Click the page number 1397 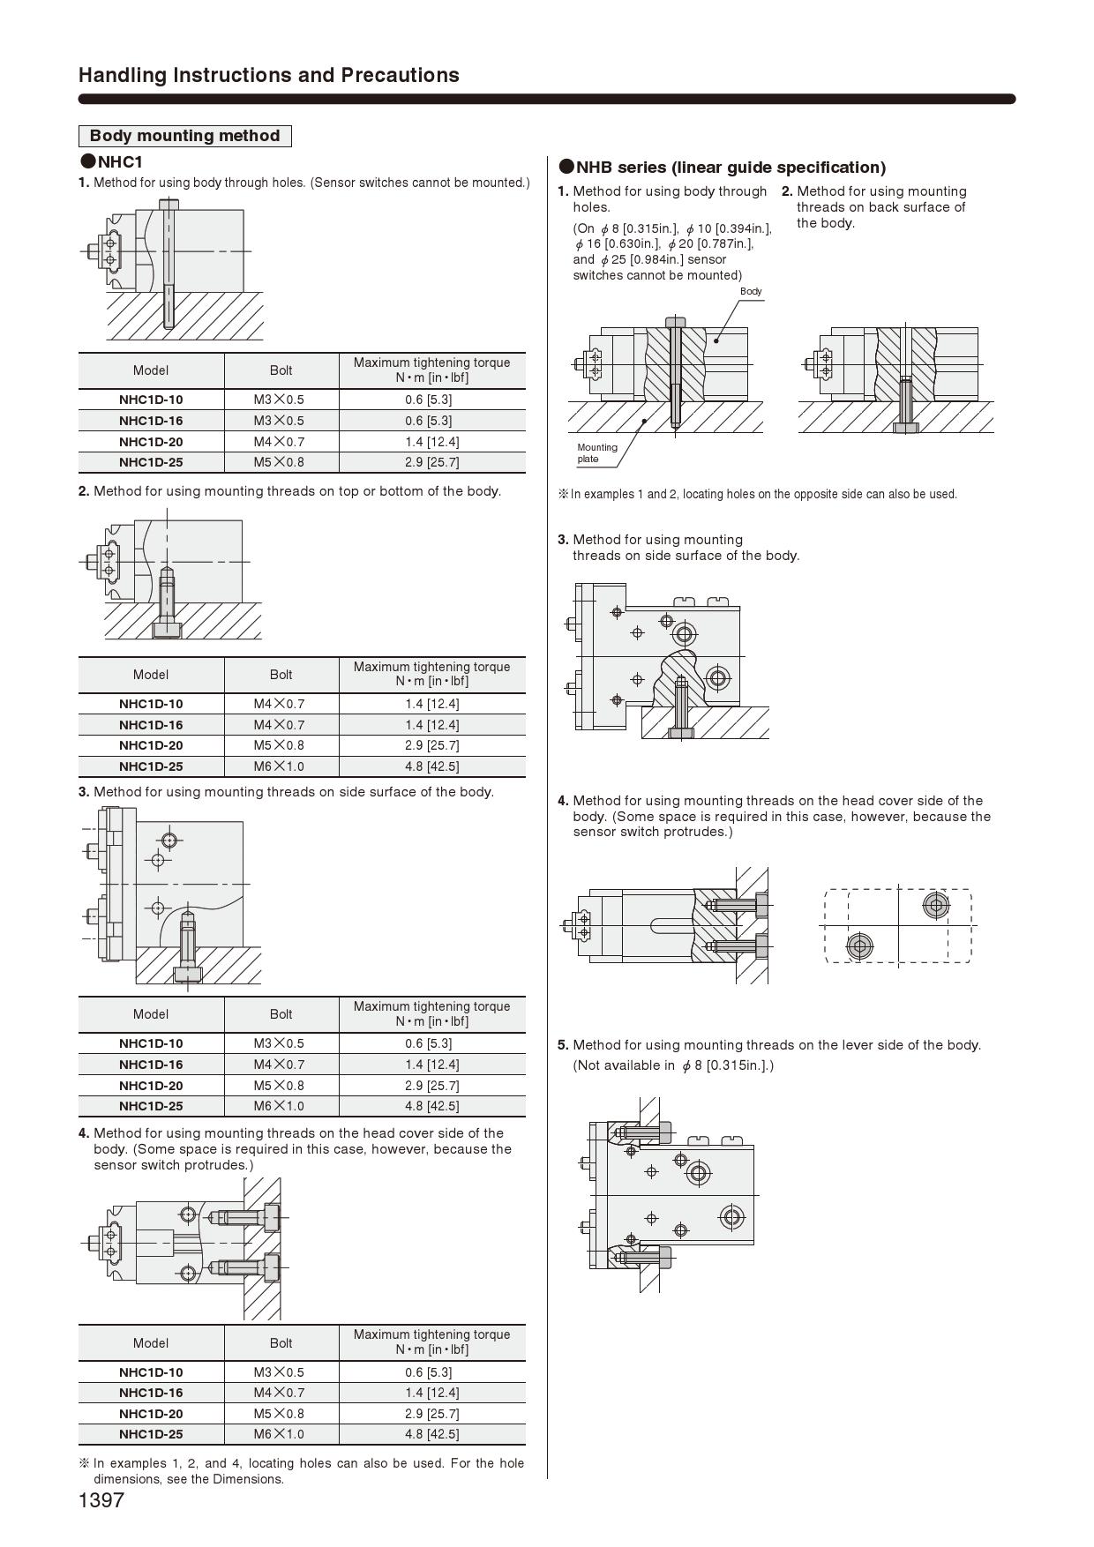tap(101, 1500)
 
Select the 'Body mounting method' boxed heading tap(184, 136)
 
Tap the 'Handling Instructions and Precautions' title tap(268, 75)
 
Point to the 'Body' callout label tap(751, 291)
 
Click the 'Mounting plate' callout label tap(596, 452)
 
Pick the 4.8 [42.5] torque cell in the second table tap(431, 766)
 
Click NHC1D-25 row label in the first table tap(151, 462)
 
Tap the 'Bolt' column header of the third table tap(281, 1014)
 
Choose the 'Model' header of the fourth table tap(151, 1343)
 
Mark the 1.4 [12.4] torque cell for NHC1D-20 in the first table tap(431, 442)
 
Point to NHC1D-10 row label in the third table tap(151, 1043)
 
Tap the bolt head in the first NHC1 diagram tap(169, 204)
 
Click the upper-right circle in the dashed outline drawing tap(935, 905)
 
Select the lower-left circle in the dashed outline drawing tap(859, 946)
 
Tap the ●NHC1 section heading tap(112, 162)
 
